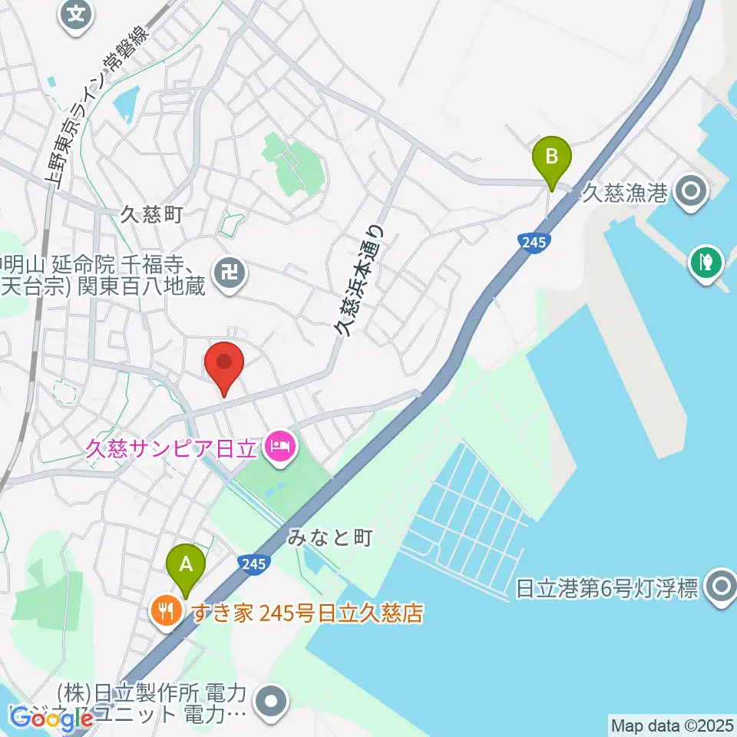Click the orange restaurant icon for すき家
(167, 612)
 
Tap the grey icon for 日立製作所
(272, 702)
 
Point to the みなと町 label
(330, 538)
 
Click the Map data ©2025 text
(671, 725)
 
